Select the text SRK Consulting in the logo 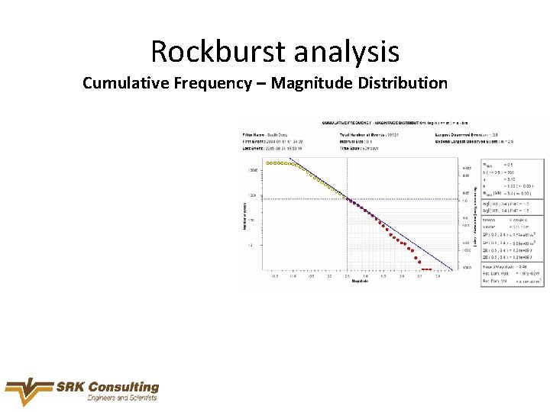[107, 388]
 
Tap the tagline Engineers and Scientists [121, 398]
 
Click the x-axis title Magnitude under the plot [360, 282]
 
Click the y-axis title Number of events [244, 213]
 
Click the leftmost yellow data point [267, 163]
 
